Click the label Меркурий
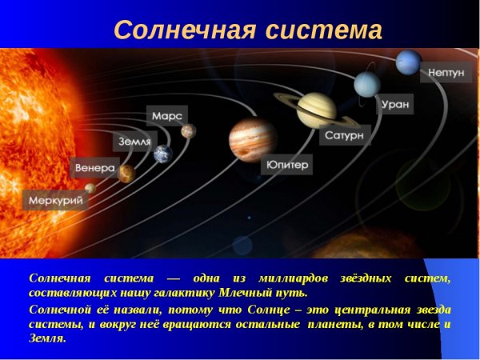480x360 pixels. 55,200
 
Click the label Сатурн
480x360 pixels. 345,136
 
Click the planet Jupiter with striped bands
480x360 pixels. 252,139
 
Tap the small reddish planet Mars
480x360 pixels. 188,130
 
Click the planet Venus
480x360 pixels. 126,173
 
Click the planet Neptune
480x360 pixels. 409,60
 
